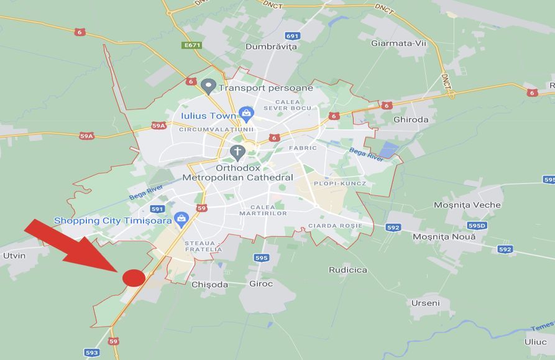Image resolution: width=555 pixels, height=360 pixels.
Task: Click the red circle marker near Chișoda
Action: (134, 277)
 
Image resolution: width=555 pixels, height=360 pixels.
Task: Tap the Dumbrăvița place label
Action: (271, 47)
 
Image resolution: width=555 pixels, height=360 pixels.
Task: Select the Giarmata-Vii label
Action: (398, 43)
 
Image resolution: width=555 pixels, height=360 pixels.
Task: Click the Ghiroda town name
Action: (411, 119)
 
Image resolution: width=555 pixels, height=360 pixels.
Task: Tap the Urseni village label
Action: (425, 303)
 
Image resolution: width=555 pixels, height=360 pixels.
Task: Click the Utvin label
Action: (14, 256)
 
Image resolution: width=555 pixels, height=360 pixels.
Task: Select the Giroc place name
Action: (260, 284)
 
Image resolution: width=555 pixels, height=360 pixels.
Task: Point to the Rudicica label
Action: (347, 270)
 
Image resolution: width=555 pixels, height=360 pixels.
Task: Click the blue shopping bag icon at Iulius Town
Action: (246, 114)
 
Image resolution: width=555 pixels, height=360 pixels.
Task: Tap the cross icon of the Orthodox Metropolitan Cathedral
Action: (237, 151)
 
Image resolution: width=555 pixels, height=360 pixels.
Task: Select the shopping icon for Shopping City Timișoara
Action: (181, 218)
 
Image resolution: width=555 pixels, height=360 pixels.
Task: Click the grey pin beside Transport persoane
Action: (208, 86)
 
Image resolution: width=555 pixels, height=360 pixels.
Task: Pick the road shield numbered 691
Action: (293, 35)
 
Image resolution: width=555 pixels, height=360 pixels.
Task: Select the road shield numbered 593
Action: (92, 353)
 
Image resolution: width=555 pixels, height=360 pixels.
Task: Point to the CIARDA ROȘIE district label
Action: (334, 225)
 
